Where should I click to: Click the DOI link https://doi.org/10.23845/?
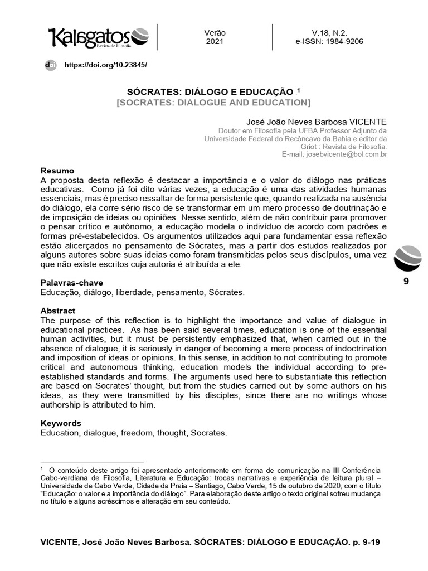click(106, 65)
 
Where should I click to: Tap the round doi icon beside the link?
click(51, 65)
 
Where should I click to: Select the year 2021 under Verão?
click(215, 42)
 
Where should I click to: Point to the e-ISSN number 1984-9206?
click(346, 42)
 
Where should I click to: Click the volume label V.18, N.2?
click(329, 33)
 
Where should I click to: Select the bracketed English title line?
click(213, 103)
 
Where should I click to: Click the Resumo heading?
click(57, 171)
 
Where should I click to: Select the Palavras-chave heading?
click(71, 283)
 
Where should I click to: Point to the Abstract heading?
click(58, 311)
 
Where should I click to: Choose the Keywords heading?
click(61, 423)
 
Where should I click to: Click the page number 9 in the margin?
click(406, 282)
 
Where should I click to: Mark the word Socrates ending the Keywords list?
click(210, 433)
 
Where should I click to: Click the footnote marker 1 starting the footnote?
click(42, 470)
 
